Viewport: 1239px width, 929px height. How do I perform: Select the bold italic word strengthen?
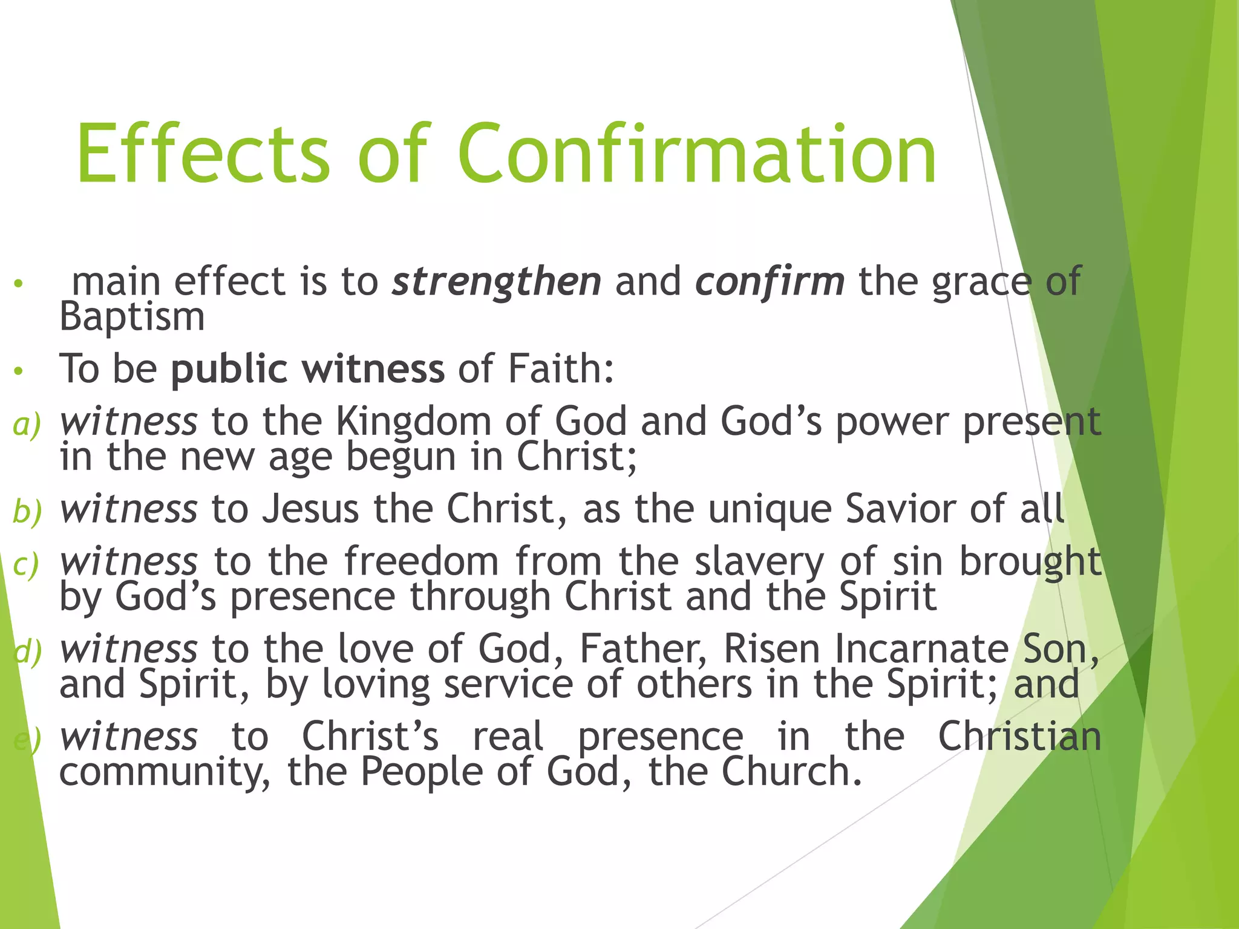point(496,282)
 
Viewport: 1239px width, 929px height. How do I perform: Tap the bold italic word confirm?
point(770,282)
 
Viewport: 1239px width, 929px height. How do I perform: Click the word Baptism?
point(132,317)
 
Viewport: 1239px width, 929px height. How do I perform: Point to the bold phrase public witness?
point(307,369)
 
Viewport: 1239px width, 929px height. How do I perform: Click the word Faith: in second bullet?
point(561,369)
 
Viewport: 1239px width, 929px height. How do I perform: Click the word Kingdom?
point(413,422)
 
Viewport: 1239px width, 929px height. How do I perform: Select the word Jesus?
point(311,509)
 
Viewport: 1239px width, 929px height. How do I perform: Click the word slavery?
point(760,562)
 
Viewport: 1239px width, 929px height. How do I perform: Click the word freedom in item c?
point(422,561)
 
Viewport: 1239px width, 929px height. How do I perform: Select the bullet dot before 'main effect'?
point(19,284)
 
